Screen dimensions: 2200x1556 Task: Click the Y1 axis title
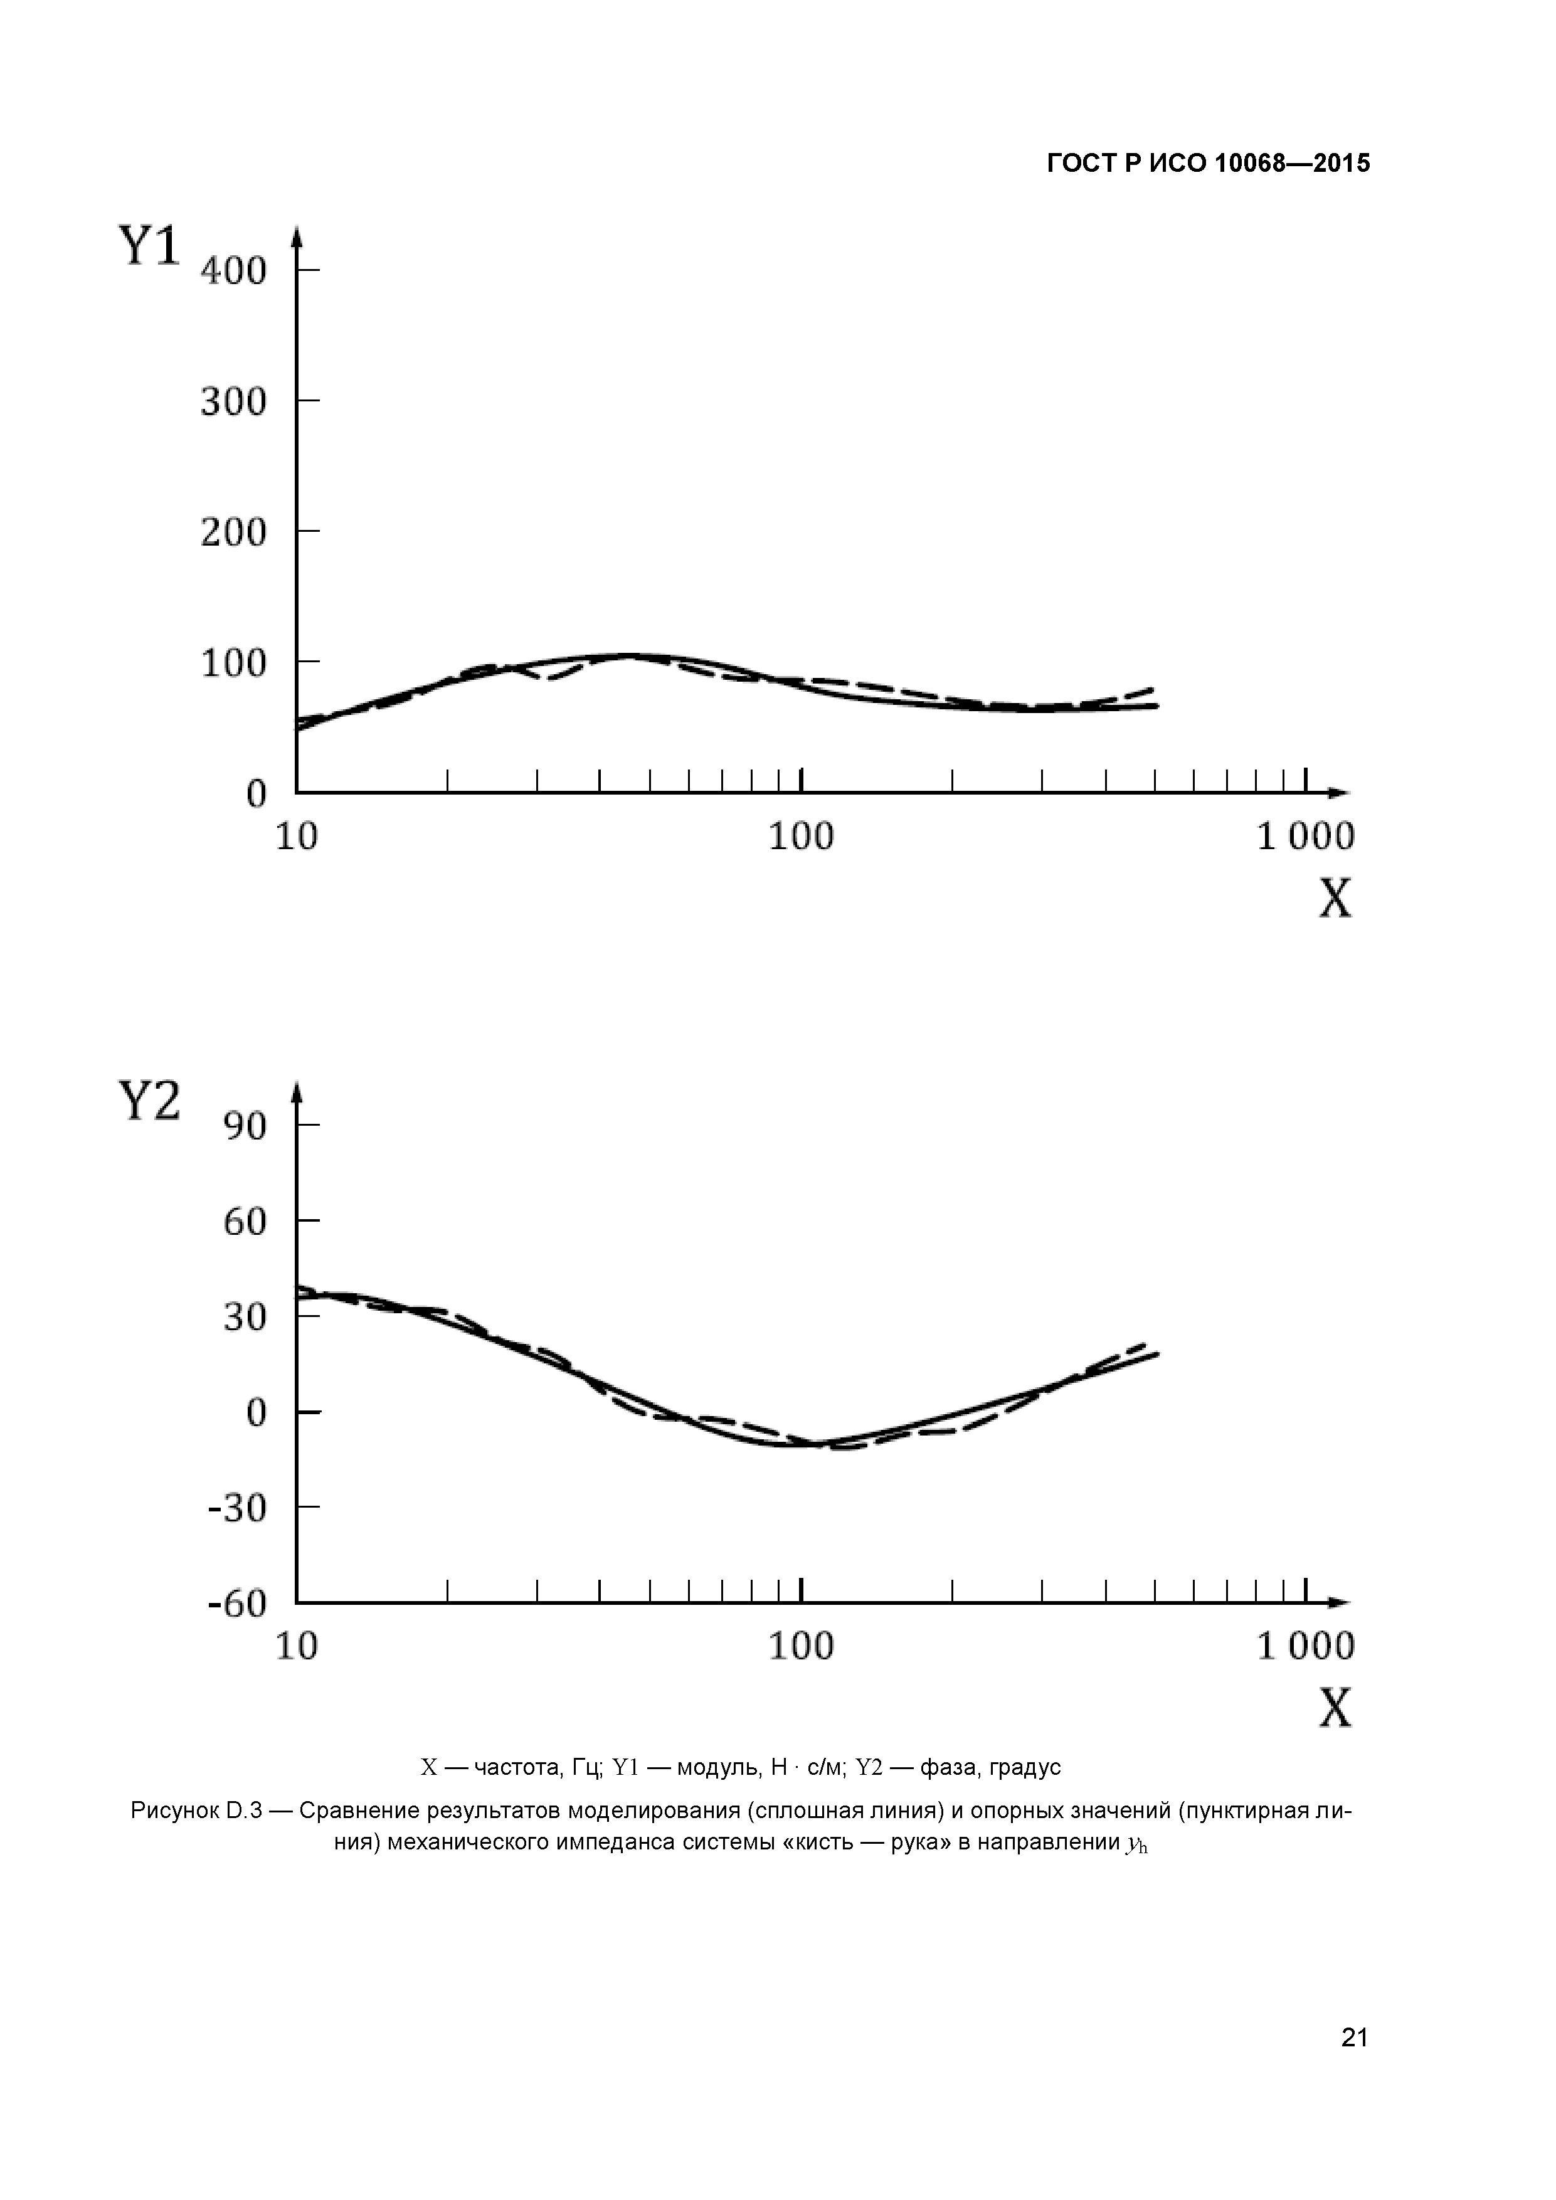pos(149,246)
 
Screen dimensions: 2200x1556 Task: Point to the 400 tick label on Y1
pos(233,270)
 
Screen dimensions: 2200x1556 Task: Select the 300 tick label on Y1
pos(233,401)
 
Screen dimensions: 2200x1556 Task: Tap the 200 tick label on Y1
pos(233,532)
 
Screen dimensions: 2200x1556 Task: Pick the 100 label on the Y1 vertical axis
pos(233,663)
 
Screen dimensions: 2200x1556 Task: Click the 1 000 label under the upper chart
pos(1305,837)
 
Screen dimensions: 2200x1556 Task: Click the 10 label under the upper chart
pos(296,837)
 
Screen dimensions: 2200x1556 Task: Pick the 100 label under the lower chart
pos(801,1646)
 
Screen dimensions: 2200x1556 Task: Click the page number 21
pos(1355,2064)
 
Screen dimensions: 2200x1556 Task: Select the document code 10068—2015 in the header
pos(1293,164)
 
